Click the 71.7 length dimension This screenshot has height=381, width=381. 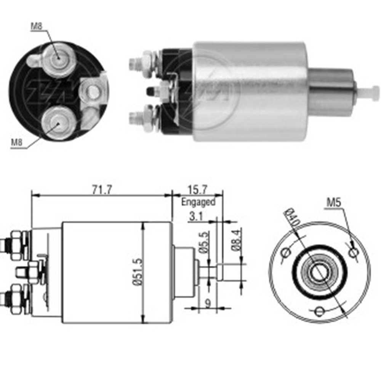102,189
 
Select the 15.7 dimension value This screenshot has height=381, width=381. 197,189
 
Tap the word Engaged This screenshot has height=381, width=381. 198,202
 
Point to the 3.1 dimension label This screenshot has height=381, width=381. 195,216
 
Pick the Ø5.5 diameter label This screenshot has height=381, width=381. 204,242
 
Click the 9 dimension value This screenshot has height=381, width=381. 208,303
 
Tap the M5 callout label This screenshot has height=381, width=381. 334,202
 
